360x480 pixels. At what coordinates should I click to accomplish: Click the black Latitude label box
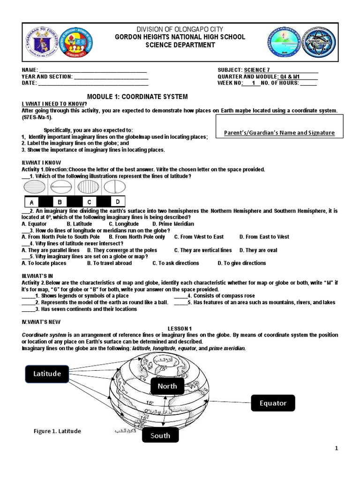(47, 374)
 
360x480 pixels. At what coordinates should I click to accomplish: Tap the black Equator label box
(273, 403)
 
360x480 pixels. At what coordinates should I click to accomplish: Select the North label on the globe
(167, 386)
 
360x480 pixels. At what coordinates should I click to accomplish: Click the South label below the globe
(160, 435)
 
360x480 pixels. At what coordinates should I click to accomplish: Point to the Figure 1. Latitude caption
(57, 431)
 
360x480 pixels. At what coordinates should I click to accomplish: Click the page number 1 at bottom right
(336, 449)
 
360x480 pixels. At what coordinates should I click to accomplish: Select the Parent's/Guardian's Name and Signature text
(279, 133)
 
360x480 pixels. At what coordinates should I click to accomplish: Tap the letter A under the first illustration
(31, 202)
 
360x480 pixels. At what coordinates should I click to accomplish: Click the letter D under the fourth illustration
(118, 202)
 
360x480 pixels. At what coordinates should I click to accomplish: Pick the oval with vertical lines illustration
(88, 187)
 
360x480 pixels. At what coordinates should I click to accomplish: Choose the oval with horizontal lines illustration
(34, 187)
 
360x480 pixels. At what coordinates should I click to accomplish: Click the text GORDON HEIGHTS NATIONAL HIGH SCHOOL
(180, 37)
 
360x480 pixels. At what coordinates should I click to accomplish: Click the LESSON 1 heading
(180, 328)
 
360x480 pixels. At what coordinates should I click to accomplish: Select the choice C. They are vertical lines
(202, 250)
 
